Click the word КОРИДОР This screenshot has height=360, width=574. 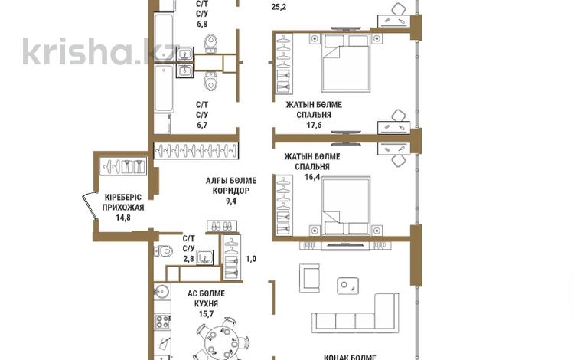coord(230,191)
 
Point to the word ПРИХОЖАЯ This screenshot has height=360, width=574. coord(123,207)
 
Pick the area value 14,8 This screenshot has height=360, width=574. coord(123,217)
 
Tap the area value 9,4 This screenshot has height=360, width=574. coord(230,202)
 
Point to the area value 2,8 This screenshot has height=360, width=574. coord(188,259)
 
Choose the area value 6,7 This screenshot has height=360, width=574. coord(203,125)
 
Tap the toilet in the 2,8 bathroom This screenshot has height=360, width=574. coord(164,248)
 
